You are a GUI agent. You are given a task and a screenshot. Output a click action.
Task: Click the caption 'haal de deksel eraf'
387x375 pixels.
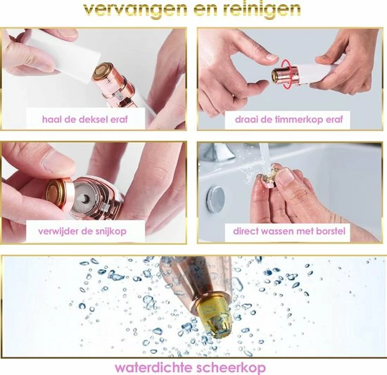click(x=85, y=120)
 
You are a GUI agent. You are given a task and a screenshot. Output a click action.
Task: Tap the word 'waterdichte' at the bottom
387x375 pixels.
click(x=154, y=368)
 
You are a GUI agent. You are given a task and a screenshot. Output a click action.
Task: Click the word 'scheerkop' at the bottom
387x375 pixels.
click(x=231, y=368)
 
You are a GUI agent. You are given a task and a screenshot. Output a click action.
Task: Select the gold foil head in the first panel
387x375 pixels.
click(x=103, y=70)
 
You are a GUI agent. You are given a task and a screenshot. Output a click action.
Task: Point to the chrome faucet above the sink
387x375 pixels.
click(x=217, y=151)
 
